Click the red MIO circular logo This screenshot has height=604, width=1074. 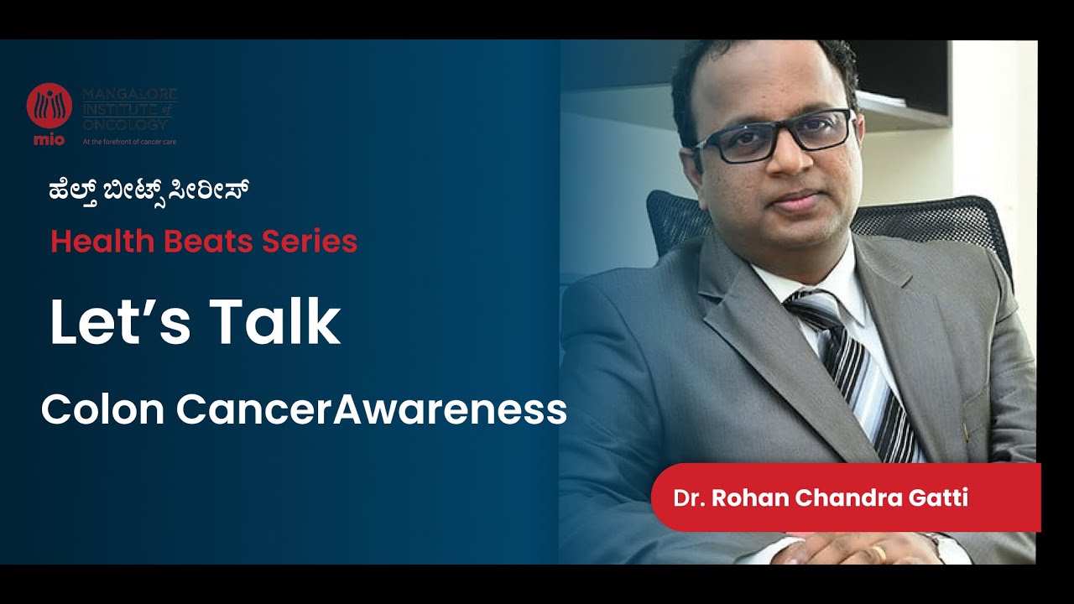[x=49, y=107]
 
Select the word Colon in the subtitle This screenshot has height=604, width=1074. [x=102, y=410]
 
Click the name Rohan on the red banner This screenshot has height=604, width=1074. [x=750, y=498]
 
